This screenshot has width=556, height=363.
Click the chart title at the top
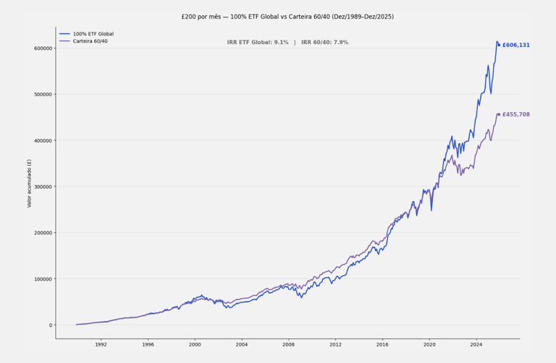287,17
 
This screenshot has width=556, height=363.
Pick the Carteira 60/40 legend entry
90,41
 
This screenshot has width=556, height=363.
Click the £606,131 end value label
515,46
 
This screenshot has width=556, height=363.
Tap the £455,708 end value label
515,115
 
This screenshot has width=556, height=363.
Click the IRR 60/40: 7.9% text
324,43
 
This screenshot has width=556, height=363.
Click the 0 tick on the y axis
51,325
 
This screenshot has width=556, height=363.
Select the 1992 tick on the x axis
101,345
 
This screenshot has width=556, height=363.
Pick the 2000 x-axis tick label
195,345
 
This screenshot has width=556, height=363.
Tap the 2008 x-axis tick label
288,345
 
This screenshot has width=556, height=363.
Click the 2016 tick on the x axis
382,345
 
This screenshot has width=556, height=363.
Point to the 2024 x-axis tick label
476,345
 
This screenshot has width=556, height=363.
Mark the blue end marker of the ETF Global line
499,45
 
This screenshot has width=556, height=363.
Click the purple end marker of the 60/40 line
499,114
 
